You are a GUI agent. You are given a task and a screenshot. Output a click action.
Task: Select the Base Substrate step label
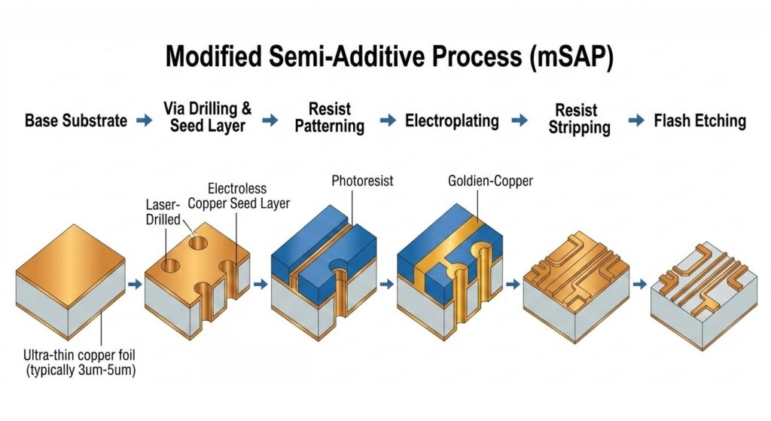(76, 121)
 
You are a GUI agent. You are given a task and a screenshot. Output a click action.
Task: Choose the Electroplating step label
(452, 121)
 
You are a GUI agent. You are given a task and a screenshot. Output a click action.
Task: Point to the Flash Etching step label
(699, 121)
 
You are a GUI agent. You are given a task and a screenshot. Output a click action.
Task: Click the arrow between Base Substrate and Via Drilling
(144, 121)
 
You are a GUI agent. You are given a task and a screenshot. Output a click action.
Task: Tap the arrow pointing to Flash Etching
(636, 121)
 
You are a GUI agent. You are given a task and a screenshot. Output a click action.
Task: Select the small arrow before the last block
(639, 285)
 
